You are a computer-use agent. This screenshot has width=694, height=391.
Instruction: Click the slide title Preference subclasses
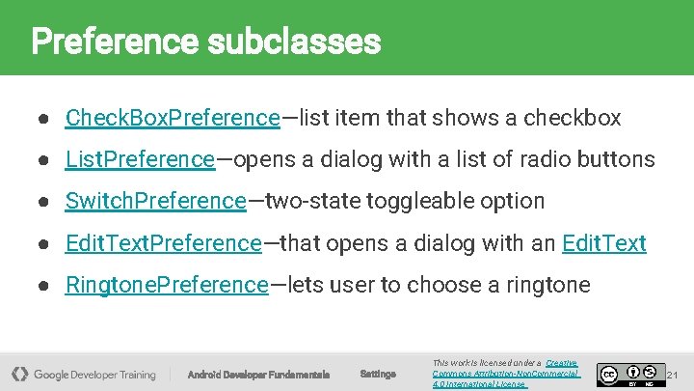[x=205, y=42]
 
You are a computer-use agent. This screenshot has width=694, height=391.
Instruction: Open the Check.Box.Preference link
[x=172, y=118]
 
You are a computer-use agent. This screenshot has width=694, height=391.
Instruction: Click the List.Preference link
[x=140, y=159]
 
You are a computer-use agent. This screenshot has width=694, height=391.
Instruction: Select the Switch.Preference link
[x=155, y=201]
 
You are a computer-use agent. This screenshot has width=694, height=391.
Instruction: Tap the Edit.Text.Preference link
[x=163, y=243]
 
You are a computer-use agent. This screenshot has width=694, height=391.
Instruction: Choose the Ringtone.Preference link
[x=166, y=285]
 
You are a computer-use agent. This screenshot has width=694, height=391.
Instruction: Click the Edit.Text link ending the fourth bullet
[x=603, y=243]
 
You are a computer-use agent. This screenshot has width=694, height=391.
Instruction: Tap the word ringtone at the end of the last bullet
[x=548, y=285]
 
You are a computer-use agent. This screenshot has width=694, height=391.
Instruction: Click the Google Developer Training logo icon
[x=19, y=374]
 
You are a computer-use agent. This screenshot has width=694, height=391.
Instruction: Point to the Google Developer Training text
[x=94, y=374]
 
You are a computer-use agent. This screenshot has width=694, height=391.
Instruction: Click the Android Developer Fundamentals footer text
[x=257, y=375]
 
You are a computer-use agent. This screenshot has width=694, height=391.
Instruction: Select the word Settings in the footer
[x=377, y=374]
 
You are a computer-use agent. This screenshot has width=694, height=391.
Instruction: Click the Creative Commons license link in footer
[x=505, y=373]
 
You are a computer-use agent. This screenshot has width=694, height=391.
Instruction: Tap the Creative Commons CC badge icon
[x=609, y=374]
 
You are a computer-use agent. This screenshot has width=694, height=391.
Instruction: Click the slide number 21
[x=674, y=374]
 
